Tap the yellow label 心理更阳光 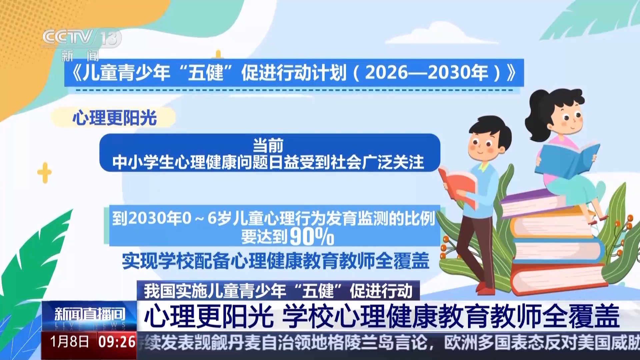pos(114,118)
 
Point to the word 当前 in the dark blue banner pos(268,146)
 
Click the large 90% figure pos(312,237)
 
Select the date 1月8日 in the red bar pos(70,342)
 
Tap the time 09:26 pos(117,342)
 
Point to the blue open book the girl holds pos(566,159)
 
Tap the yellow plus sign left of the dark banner pos(44,173)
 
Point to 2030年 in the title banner pos(457,72)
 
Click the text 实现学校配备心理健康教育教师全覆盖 pos(275,261)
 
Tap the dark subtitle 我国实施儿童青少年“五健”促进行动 pos(278,291)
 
